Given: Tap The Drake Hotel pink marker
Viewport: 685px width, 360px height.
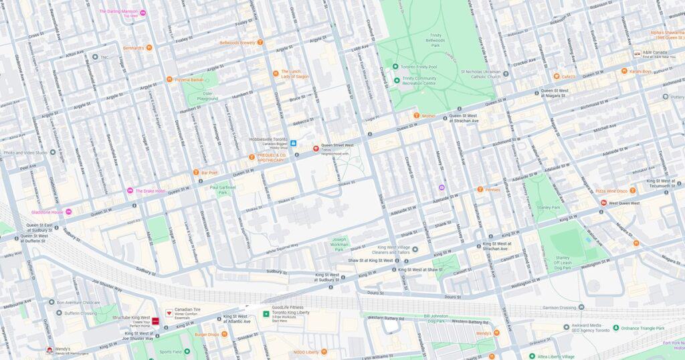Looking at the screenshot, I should (x=130, y=191).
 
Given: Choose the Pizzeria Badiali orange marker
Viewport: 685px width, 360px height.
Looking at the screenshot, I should (x=170, y=80).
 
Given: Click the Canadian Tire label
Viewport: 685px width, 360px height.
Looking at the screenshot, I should (x=187, y=310).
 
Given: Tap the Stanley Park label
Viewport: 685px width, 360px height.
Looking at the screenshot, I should (x=548, y=208).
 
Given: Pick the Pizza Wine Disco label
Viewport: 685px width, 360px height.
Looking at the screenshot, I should (x=611, y=191).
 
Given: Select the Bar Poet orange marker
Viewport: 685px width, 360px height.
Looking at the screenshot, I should (x=196, y=173).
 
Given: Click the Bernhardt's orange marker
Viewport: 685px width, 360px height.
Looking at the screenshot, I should (x=149, y=48).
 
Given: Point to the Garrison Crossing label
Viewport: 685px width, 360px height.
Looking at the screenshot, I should (x=559, y=308).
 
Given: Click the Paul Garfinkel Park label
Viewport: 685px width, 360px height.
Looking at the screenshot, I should (x=223, y=191).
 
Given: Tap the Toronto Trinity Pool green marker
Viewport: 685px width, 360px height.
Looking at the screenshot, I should (x=396, y=67).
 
